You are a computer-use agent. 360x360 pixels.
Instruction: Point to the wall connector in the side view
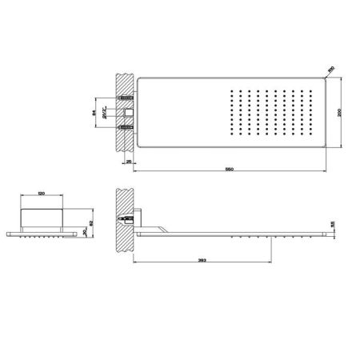[x=132, y=216]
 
